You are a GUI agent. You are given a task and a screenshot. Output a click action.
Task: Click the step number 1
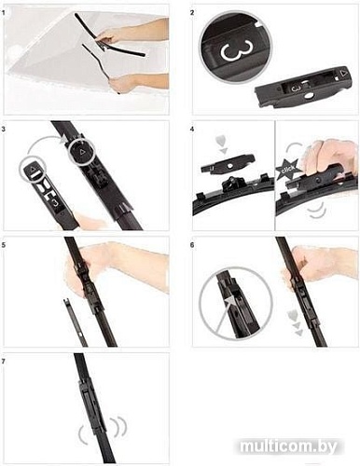coord(3,13)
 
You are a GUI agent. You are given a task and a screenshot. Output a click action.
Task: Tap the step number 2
coord(192,13)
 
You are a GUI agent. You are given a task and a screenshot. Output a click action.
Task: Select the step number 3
coord(3,129)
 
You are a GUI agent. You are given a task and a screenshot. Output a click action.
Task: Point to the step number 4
coord(192,129)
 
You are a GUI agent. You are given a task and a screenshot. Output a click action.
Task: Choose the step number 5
coord(3,245)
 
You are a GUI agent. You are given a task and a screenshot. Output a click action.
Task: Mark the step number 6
coord(192,245)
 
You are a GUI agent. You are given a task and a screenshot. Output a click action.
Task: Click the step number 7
coord(3,362)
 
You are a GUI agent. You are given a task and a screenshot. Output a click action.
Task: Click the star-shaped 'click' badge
coord(287,170)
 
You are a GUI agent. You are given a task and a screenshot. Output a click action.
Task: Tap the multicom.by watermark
coord(289,446)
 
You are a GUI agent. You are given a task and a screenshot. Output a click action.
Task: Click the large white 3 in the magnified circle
coord(236,49)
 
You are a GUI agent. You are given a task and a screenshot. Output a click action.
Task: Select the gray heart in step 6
coord(293,316)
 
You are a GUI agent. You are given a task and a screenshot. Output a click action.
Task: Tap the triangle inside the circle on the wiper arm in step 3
coord(82,152)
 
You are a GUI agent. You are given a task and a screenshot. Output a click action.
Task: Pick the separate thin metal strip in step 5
coord(75,322)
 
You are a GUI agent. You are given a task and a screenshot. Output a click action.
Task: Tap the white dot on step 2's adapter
coord(310,97)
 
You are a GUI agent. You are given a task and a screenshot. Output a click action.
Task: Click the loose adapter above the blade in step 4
coord(228,163)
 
